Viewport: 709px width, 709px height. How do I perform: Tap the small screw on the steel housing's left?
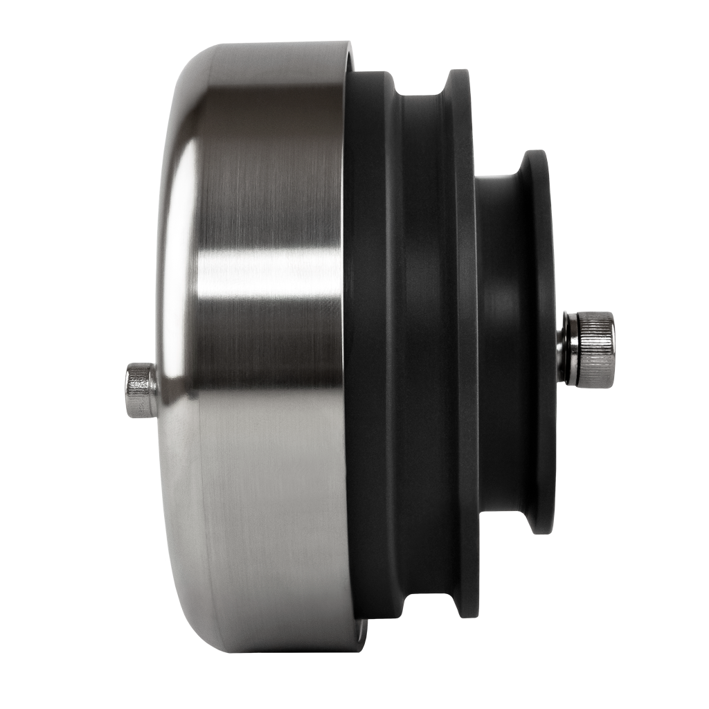click(141, 390)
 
